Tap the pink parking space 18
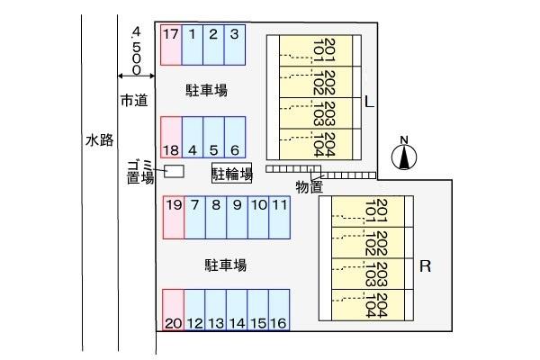click(171, 138)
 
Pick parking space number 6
click(234, 138)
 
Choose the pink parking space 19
click(174, 216)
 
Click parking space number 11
click(280, 216)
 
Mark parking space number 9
click(237, 216)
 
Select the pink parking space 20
click(173, 310)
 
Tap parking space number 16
click(278, 310)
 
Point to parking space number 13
click(215, 310)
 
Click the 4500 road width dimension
click(135, 50)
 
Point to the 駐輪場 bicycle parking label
click(231, 172)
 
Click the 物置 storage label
click(308, 187)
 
